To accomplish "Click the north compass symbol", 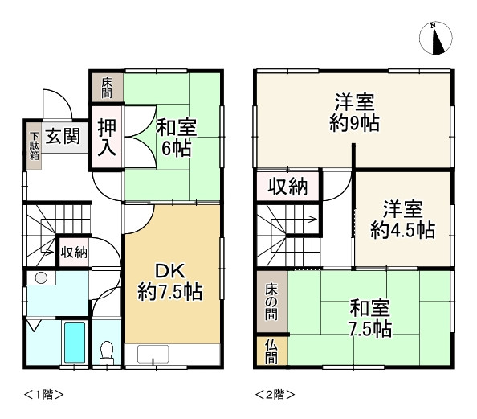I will tap(437, 38).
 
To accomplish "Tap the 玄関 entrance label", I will tap(62, 136).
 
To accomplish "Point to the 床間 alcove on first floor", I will tap(107, 87).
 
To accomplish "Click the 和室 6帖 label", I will tap(175, 137).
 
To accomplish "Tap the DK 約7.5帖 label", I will tap(169, 281).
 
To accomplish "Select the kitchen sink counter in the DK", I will tap(177, 354).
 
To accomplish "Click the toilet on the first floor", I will tap(106, 351).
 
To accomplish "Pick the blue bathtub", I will tap(75, 344).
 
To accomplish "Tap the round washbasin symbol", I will tap(41, 278).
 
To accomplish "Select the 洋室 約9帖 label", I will tap(354, 113).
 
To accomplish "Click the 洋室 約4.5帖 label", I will tap(402, 219).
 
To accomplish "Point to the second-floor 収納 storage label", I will tap(288, 187).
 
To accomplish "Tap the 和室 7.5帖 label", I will tap(370, 318).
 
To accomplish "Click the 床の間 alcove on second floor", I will tap(271, 301).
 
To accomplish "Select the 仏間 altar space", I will tap(271, 351).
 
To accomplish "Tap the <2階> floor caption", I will tap(275, 394).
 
